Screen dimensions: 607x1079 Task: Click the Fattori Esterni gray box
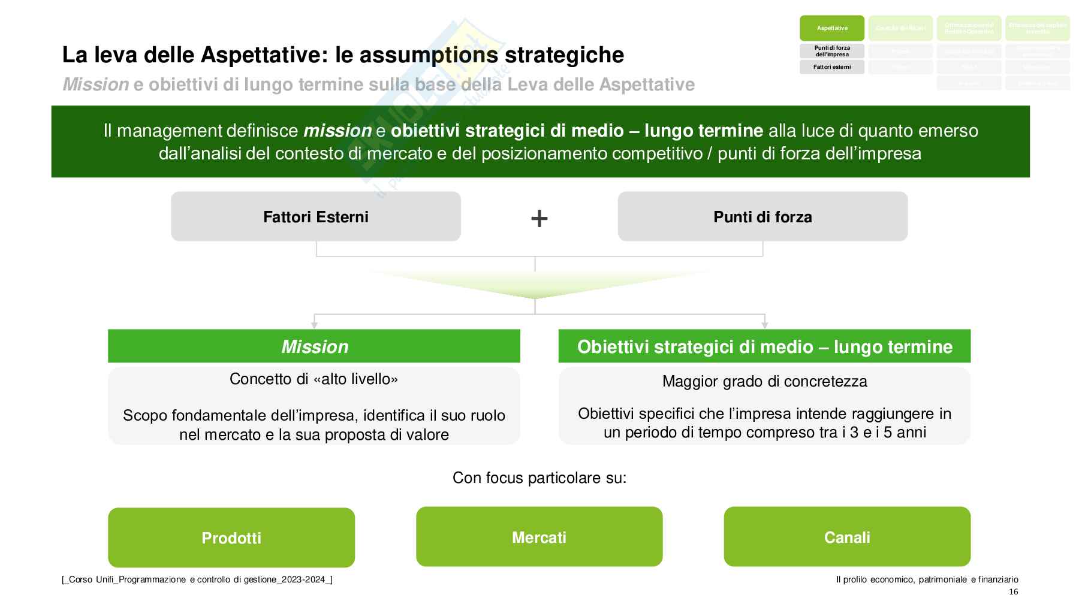(x=316, y=216)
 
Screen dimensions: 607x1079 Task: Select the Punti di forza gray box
(x=762, y=216)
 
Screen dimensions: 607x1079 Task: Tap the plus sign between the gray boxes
(x=539, y=218)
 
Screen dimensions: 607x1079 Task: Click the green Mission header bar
(x=314, y=346)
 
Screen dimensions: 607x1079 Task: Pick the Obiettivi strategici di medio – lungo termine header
(x=764, y=346)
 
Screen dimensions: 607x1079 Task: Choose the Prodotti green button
(x=231, y=537)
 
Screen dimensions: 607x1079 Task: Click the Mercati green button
(x=539, y=537)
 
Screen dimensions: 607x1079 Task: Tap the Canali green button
(x=847, y=537)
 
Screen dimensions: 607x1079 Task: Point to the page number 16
(x=1013, y=592)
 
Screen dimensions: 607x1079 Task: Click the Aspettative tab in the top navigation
(x=832, y=28)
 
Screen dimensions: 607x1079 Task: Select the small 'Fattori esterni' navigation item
(x=832, y=67)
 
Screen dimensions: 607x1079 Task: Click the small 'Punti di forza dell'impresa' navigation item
(x=832, y=51)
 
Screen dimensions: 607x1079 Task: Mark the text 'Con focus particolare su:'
(x=539, y=478)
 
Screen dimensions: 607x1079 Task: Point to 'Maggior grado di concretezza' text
(x=764, y=382)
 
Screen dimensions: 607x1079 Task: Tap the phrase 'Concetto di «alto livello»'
(x=314, y=379)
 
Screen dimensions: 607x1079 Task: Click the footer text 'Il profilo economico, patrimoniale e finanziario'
(x=927, y=579)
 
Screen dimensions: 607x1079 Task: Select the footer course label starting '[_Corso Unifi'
(x=197, y=579)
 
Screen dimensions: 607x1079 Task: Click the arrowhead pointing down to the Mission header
(x=314, y=325)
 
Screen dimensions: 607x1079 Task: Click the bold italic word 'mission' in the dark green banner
(x=337, y=131)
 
